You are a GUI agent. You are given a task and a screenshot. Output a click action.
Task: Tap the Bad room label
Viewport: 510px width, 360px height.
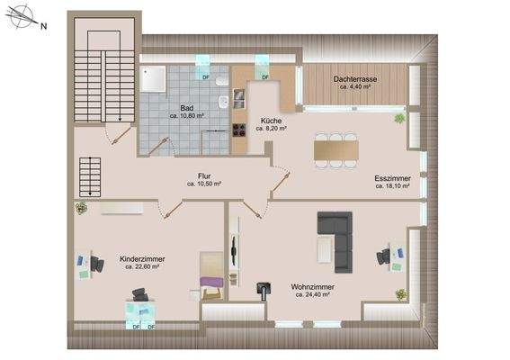pyautogui.click(x=185, y=107)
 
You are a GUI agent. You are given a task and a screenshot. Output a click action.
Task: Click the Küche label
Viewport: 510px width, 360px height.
pyautogui.click(x=271, y=121)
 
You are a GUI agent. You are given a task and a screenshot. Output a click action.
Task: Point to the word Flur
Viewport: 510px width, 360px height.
pyautogui.click(x=204, y=176)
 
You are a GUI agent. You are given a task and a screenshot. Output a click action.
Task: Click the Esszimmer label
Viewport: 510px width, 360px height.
pyautogui.click(x=392, y=178)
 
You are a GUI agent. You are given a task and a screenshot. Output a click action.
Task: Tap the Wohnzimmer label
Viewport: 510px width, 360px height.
pyautogui.click(x=310, y=287)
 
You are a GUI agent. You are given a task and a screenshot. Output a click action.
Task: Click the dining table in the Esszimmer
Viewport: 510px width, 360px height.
pyautogui.click(x=336, y=150)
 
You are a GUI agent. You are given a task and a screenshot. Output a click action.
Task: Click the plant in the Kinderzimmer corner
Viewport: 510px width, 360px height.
pyautogui.click(x=80, y=207)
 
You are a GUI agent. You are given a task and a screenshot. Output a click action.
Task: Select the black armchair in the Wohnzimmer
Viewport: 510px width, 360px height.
pyautogui.click(x=263, y=289)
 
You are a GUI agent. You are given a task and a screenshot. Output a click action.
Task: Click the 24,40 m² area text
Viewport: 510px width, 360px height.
pyautogui.click(x=310, y=295)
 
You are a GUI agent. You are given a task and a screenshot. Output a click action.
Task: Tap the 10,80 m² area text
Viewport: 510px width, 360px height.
pyautogui.click(x=185, y=115)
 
